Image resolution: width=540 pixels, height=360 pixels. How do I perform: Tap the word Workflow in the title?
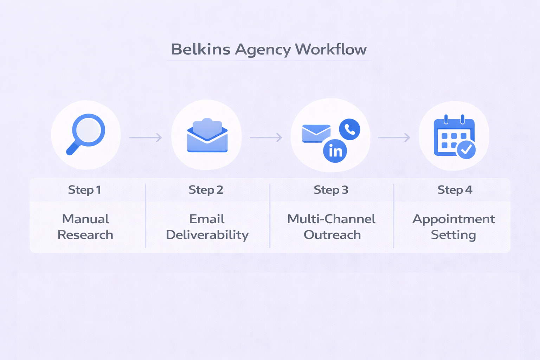[x=331, y=49]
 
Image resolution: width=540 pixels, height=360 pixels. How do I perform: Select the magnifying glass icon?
[x=86, y=134]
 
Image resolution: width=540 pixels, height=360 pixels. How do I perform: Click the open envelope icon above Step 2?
[x=207, y=136]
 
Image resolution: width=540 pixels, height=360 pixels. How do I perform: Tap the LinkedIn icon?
[x=335, y=151]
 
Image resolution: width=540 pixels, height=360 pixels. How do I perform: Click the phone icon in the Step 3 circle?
[x=349, y=129]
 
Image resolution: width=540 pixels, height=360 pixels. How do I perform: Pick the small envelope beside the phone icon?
[x=316, y=134]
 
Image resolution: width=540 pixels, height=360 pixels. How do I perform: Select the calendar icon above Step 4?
[x=454, y=137]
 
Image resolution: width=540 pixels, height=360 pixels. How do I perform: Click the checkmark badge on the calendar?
[x=466, y=150]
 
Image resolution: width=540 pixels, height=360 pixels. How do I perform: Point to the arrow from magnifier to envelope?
[x=146, y=137]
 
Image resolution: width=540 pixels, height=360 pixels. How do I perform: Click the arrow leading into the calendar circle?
[x=394, y=137]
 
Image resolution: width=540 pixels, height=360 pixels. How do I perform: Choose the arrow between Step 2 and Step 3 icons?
[x=266, y=137]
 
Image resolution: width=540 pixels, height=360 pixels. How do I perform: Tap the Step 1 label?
[x=85, y=190]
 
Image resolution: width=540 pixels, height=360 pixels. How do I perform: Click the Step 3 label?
[x=331, y=190]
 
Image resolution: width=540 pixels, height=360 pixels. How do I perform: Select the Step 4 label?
[x=455, y=190]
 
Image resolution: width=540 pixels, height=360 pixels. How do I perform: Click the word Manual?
[x=85, y=219]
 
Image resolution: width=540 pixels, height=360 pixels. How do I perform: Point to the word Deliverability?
[x=207, y=235]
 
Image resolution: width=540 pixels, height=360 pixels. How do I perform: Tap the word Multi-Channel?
[x=331, y=219]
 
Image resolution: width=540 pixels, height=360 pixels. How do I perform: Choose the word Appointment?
[x=454, y=219]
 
